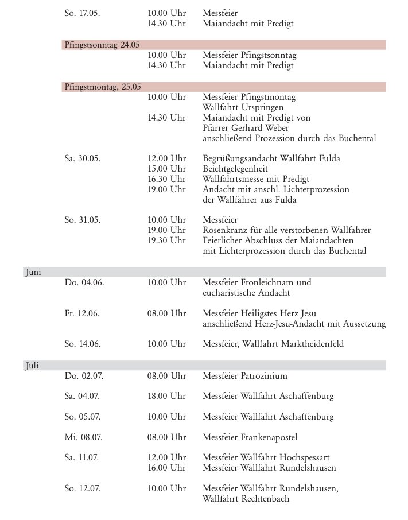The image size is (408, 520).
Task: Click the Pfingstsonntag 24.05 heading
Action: pos(102,45)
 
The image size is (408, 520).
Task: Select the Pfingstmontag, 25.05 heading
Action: pos(103,87)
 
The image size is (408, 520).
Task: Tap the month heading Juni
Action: pos(33,273)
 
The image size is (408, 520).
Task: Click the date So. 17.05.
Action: pos(83,13)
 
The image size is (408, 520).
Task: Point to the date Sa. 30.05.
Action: pos(83,158)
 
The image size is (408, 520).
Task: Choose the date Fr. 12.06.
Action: pos(83,313)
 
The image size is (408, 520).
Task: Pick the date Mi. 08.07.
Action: pos(84,437)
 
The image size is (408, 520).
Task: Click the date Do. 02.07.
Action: pos(84,377)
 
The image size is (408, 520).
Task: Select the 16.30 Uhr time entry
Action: pos(166,179)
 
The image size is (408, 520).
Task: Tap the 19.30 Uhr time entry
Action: pos(166,240)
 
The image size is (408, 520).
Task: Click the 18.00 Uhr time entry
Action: pos(166,397)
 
